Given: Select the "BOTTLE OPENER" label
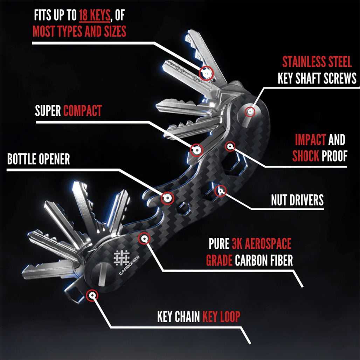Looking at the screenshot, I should pyautogui.click(x=39, y=159).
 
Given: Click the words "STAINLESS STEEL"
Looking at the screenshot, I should pyautogui.click(x=317, y=62).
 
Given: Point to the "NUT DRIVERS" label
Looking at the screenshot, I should pyautogui.click(x=297, y=200).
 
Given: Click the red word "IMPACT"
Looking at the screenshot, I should pyautogui.click(x=310, y=140).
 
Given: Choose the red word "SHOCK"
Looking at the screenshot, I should pyautogui.click(x=306, y=156).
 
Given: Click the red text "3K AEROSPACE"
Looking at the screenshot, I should pyautogui.click(x=261, y=243).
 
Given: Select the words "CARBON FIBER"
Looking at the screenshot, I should pyautogui.click(x=264, y=260).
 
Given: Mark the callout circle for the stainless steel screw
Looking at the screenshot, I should pyautogui.click(x=250, y=112).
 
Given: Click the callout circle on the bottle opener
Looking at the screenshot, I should pyautogui.click(x=168, y=198).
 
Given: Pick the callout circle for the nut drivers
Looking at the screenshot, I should pyautogui.click(x=220, y=191).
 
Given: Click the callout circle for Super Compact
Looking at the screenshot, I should pyautogui.click(x=197, y=150).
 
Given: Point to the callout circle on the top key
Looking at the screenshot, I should pyautogui.click(x=207, y=73).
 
